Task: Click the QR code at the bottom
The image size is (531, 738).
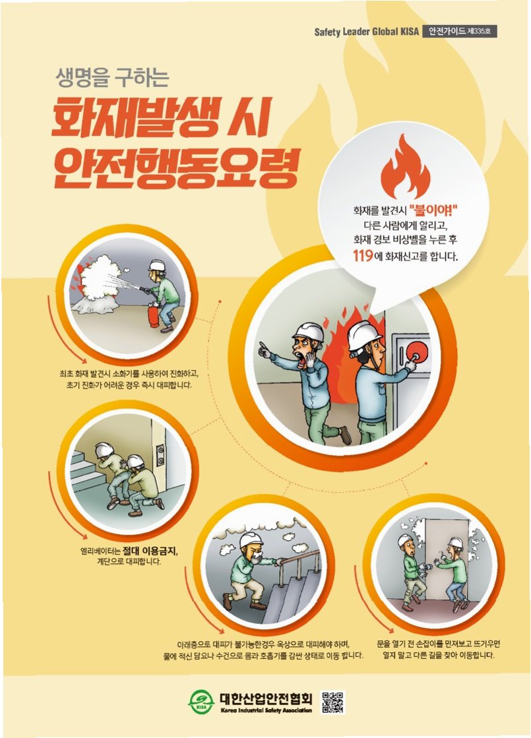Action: [332, 702]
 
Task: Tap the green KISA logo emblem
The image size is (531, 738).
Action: [201, 702]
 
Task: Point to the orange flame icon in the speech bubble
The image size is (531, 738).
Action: [404, 167]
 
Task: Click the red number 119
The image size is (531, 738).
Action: [363, 256]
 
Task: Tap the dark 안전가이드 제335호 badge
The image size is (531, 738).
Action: [460, 31]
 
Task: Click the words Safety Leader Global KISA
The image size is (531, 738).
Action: [366, 32]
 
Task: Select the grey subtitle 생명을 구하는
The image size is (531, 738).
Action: [112, 78]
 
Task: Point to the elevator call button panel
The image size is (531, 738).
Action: [160, 454]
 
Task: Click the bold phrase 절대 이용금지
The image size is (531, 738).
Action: [150, 550]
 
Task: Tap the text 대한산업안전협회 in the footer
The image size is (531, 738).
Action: [266, 698]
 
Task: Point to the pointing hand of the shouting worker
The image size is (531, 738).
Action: [265, 350]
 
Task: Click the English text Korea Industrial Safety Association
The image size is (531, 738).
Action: [266, 710]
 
